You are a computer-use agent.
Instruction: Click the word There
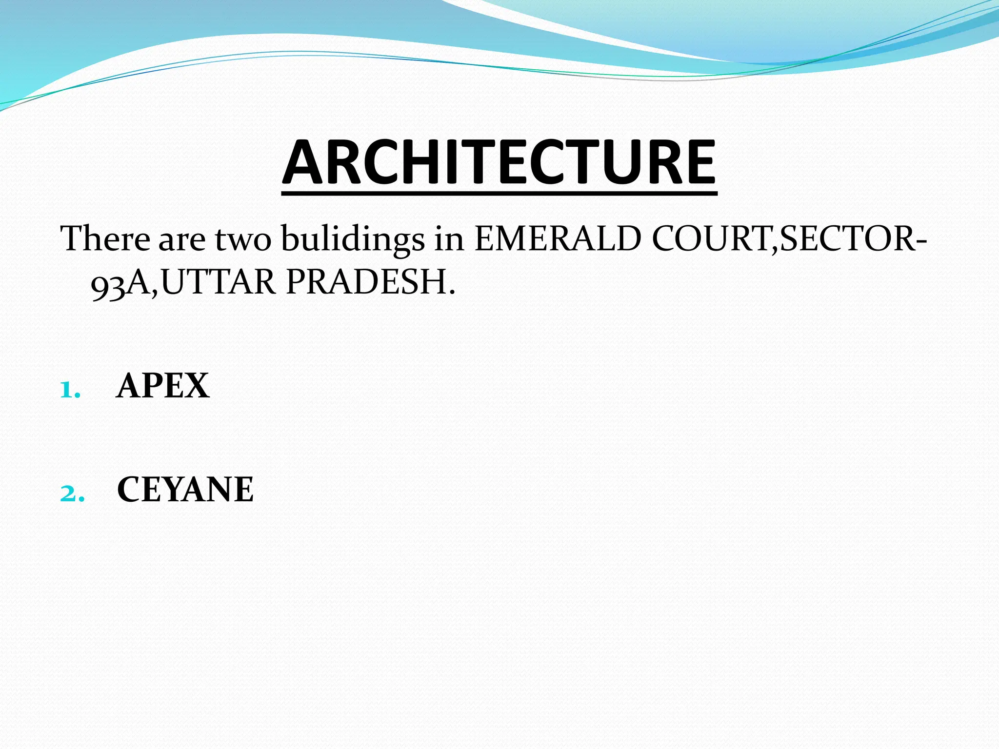105,239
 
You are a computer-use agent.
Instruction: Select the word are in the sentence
181,240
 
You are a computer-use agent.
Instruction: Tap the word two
243,240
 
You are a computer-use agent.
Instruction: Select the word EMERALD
558,239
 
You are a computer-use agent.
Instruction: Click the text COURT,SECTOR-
788,239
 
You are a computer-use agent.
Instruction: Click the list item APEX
163,386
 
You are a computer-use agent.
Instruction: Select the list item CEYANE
185,490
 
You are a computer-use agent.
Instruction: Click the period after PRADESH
452,293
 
